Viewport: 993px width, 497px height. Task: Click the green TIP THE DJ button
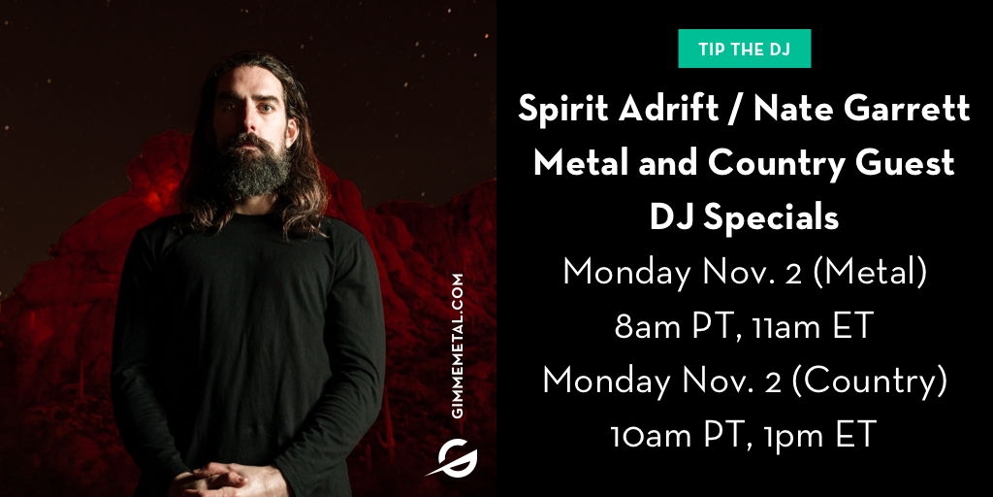tap(744, 49)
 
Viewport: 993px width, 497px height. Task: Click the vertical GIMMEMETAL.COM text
tap(459, 346)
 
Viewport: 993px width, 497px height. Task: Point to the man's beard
tap(252, 166)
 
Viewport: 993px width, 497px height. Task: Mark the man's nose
tap(249, 119)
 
